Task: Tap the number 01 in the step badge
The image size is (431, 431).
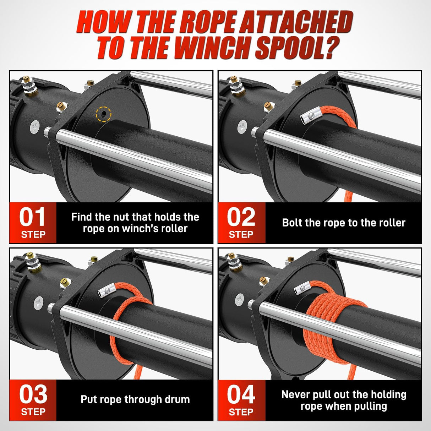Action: click(x=32, y=217)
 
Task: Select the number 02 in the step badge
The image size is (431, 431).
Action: click(x=241, y=217)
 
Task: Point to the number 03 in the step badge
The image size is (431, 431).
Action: click(x=33, y=394)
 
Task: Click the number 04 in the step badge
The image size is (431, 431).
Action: click(x=241, y=394)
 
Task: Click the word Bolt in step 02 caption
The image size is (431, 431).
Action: click(x=292, y=223)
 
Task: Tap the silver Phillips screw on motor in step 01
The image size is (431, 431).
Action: click(x=35, y=126)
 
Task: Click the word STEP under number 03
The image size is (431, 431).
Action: click(x=33, y=412)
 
